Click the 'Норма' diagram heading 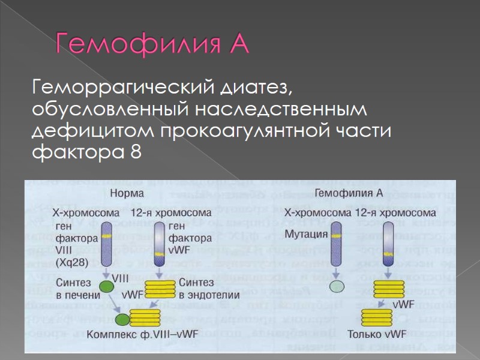click(x=127, y=194)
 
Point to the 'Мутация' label click(x=305, y=233)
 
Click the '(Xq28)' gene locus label click(x=70, y=263)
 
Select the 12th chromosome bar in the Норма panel click(x=159, y=243)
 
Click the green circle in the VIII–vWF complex click(x=123, y=319)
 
